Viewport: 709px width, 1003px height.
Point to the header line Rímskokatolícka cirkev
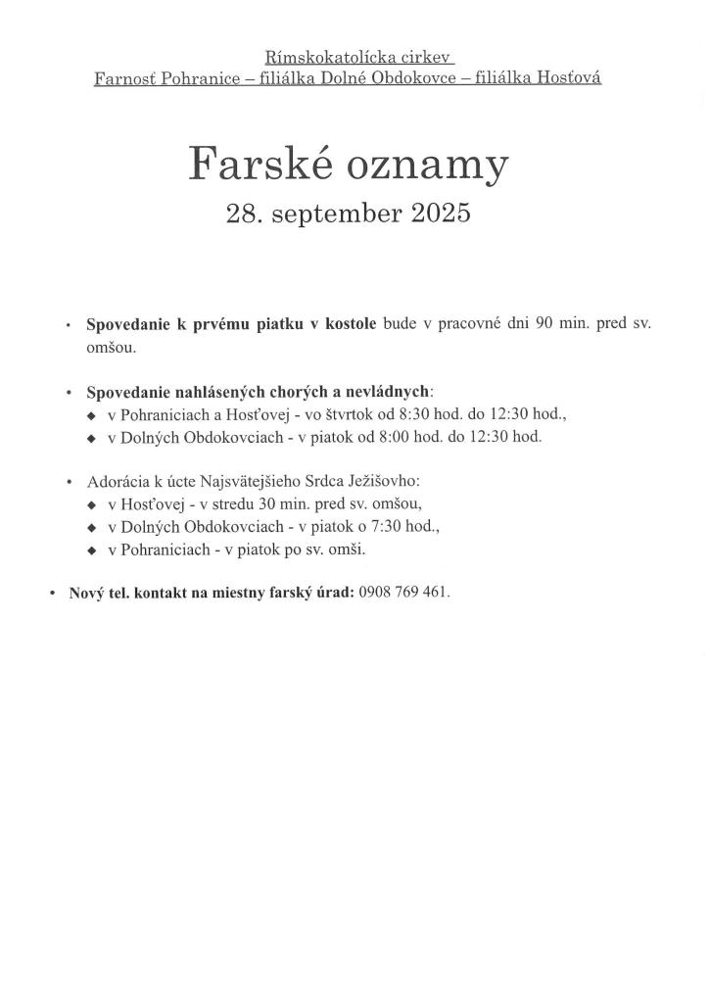coord(359,59)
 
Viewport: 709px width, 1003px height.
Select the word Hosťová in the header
coord(566,78)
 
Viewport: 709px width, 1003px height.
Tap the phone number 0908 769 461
coord(403,593)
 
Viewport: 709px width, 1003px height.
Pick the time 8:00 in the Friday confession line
coord(393,437)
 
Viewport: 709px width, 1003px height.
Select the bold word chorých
coord(298,392)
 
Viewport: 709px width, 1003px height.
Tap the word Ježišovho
coord(382,482)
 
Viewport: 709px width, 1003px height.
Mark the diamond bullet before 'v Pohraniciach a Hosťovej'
coord(92,415)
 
